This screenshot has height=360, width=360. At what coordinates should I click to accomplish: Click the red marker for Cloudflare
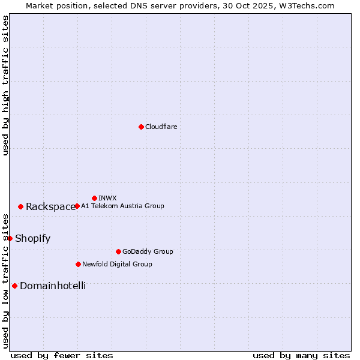click(141, 127)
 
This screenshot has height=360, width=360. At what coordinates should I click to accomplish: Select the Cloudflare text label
click(161, 127)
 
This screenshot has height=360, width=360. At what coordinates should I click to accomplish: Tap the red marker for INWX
click(94, 198)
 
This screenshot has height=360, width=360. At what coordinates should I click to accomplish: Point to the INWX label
click(107, 198)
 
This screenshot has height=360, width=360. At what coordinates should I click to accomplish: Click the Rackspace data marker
click(20, 206)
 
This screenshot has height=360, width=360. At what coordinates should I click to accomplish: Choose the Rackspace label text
click(50, 206)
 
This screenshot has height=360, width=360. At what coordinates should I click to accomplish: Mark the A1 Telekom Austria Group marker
click(77, 206)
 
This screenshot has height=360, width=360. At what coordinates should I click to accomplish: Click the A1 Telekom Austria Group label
click(122, 206)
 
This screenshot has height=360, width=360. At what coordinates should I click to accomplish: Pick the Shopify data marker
click(10, 238)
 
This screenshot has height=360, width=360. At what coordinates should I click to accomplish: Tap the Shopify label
click(32, 238)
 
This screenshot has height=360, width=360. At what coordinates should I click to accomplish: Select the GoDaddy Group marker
click(118, 251)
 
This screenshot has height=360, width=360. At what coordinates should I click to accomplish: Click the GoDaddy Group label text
click(148, 251)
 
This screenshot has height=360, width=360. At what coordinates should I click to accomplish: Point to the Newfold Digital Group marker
click(78, 264)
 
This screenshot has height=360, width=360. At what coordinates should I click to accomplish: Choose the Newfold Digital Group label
click(117, 264)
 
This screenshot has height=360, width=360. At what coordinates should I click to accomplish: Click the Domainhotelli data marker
click(14, 286)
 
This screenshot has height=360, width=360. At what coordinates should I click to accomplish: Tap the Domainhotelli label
click(53, 286)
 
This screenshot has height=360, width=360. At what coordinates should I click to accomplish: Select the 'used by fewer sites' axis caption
click(62, 355)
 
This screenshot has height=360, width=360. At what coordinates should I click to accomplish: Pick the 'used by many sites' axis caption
click(301, 355)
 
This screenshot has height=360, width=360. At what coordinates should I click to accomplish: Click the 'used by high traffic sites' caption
click(5, 85)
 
